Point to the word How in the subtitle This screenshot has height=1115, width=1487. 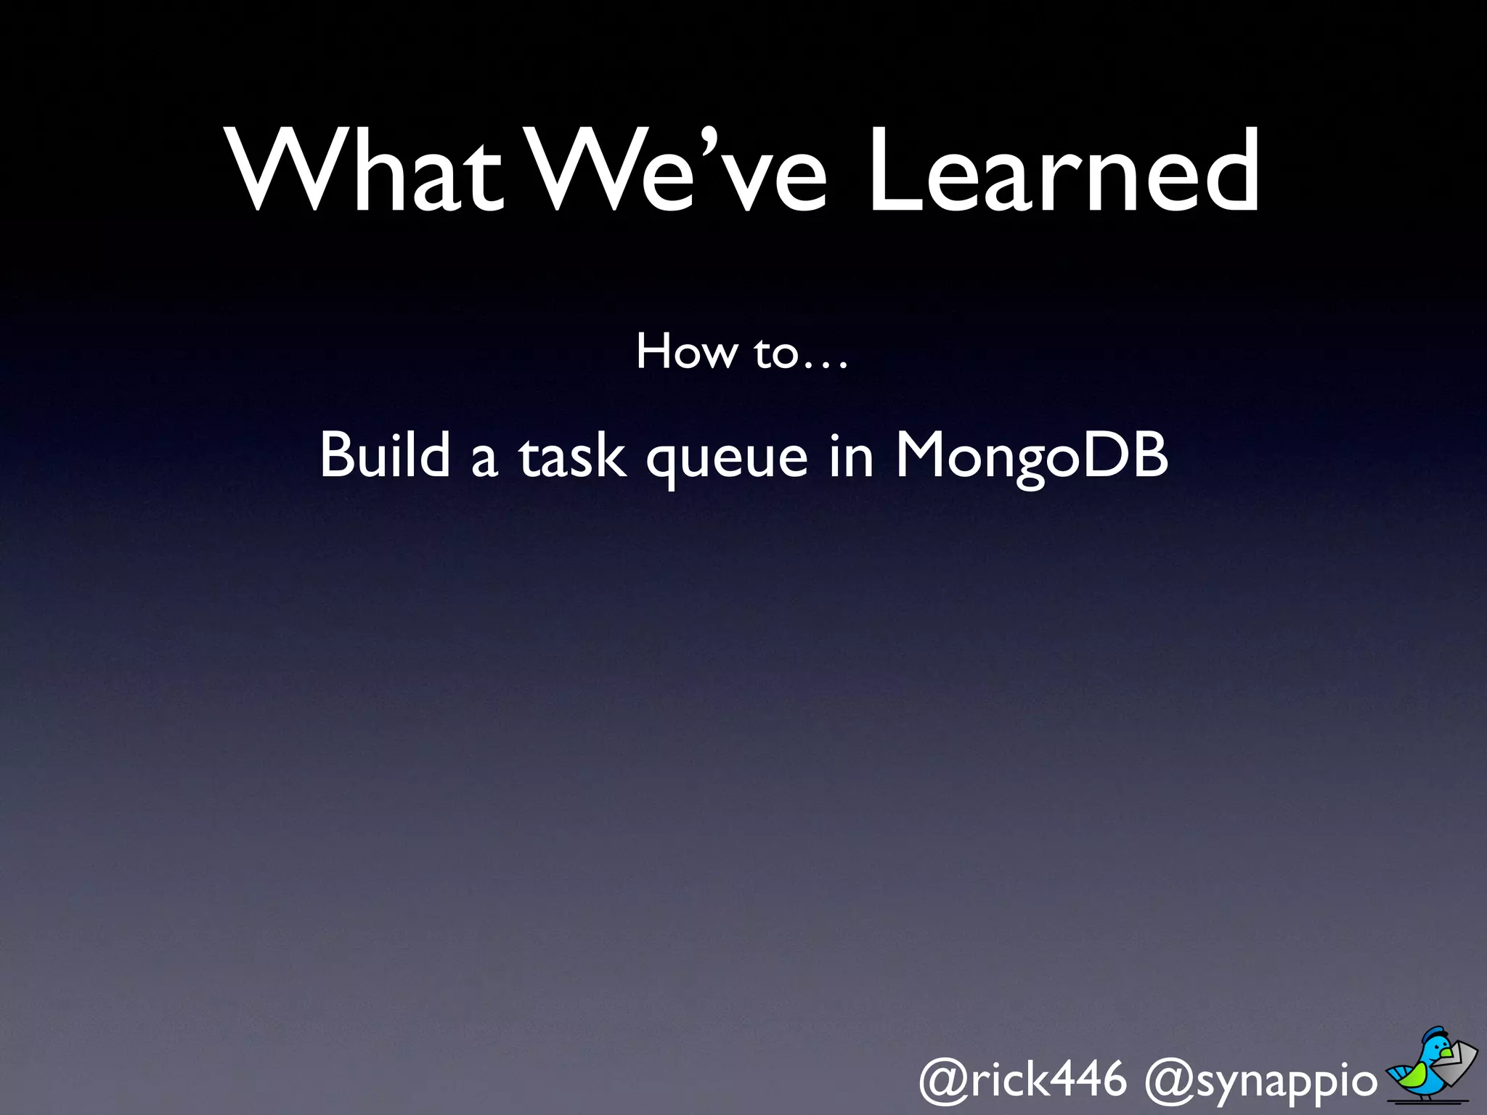[x=686, y=352]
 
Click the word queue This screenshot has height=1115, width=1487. [x=727, y=462]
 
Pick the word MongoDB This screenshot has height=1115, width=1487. [x=1032, y=457]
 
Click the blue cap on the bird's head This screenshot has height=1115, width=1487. [x=1438, y=1034]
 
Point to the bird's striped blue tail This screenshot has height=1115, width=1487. [x=1398, y=1073]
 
